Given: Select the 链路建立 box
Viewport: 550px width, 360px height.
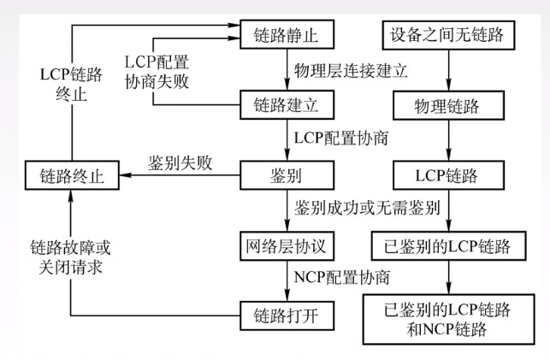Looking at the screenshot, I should click(287, 106).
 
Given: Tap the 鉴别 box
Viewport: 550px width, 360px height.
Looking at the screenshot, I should click(287, 177).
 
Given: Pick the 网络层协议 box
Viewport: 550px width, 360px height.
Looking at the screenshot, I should click(287, 246).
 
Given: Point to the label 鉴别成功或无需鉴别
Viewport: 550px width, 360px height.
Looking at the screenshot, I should click(355, 210).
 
